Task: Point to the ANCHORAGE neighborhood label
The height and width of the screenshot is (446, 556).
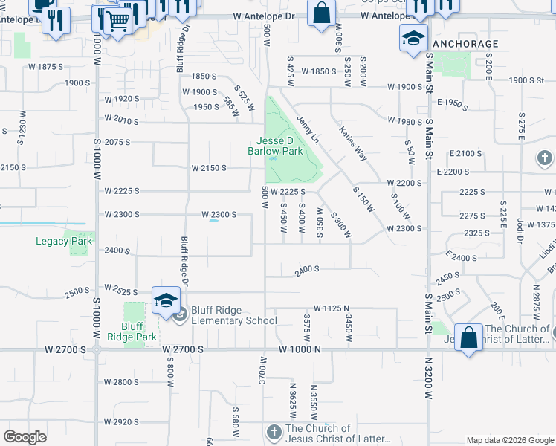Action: [465, 44]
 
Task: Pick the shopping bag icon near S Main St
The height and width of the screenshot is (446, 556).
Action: [468, 338]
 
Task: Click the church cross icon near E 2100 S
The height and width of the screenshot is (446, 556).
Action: [545, 158]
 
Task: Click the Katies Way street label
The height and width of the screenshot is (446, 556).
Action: [352, 143]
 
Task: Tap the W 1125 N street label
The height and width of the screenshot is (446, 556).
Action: [335, 308]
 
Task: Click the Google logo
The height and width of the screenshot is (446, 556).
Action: [25, 437]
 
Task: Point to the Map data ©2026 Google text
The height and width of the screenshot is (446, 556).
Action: [509, 440]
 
